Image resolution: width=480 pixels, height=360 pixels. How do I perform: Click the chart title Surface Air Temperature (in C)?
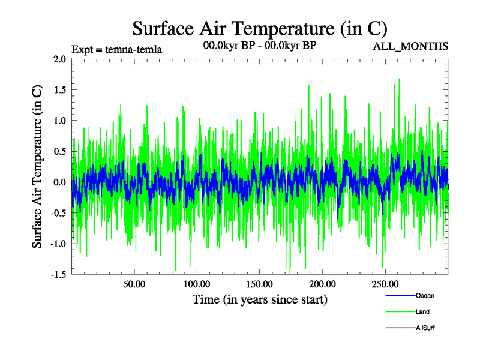pos(260,28)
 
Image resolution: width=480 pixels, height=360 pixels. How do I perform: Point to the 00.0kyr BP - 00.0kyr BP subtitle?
pos(259,46)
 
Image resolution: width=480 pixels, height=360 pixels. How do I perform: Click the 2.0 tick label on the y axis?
pos(59,59)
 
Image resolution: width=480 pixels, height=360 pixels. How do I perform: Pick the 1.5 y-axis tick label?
pos(59,89)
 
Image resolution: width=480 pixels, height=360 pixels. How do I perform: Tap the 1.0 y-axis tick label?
pos(59,120)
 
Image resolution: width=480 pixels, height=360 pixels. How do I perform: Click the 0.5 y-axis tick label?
pos(59,151)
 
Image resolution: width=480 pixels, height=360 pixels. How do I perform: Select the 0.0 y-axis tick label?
pos(59,182)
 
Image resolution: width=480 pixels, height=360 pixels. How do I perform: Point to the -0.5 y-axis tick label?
pos(58,212)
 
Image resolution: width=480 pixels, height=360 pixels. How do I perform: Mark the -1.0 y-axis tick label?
pos(58,243)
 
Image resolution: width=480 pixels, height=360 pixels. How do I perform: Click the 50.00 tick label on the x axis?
pos(134,284)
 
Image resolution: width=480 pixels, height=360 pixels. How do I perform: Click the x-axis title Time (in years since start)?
pos(260,299)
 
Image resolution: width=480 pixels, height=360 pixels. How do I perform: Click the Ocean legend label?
pos(425,295)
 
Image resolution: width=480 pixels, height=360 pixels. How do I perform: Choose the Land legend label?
pos(422,311)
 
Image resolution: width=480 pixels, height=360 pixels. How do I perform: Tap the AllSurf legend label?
pos(425,328)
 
